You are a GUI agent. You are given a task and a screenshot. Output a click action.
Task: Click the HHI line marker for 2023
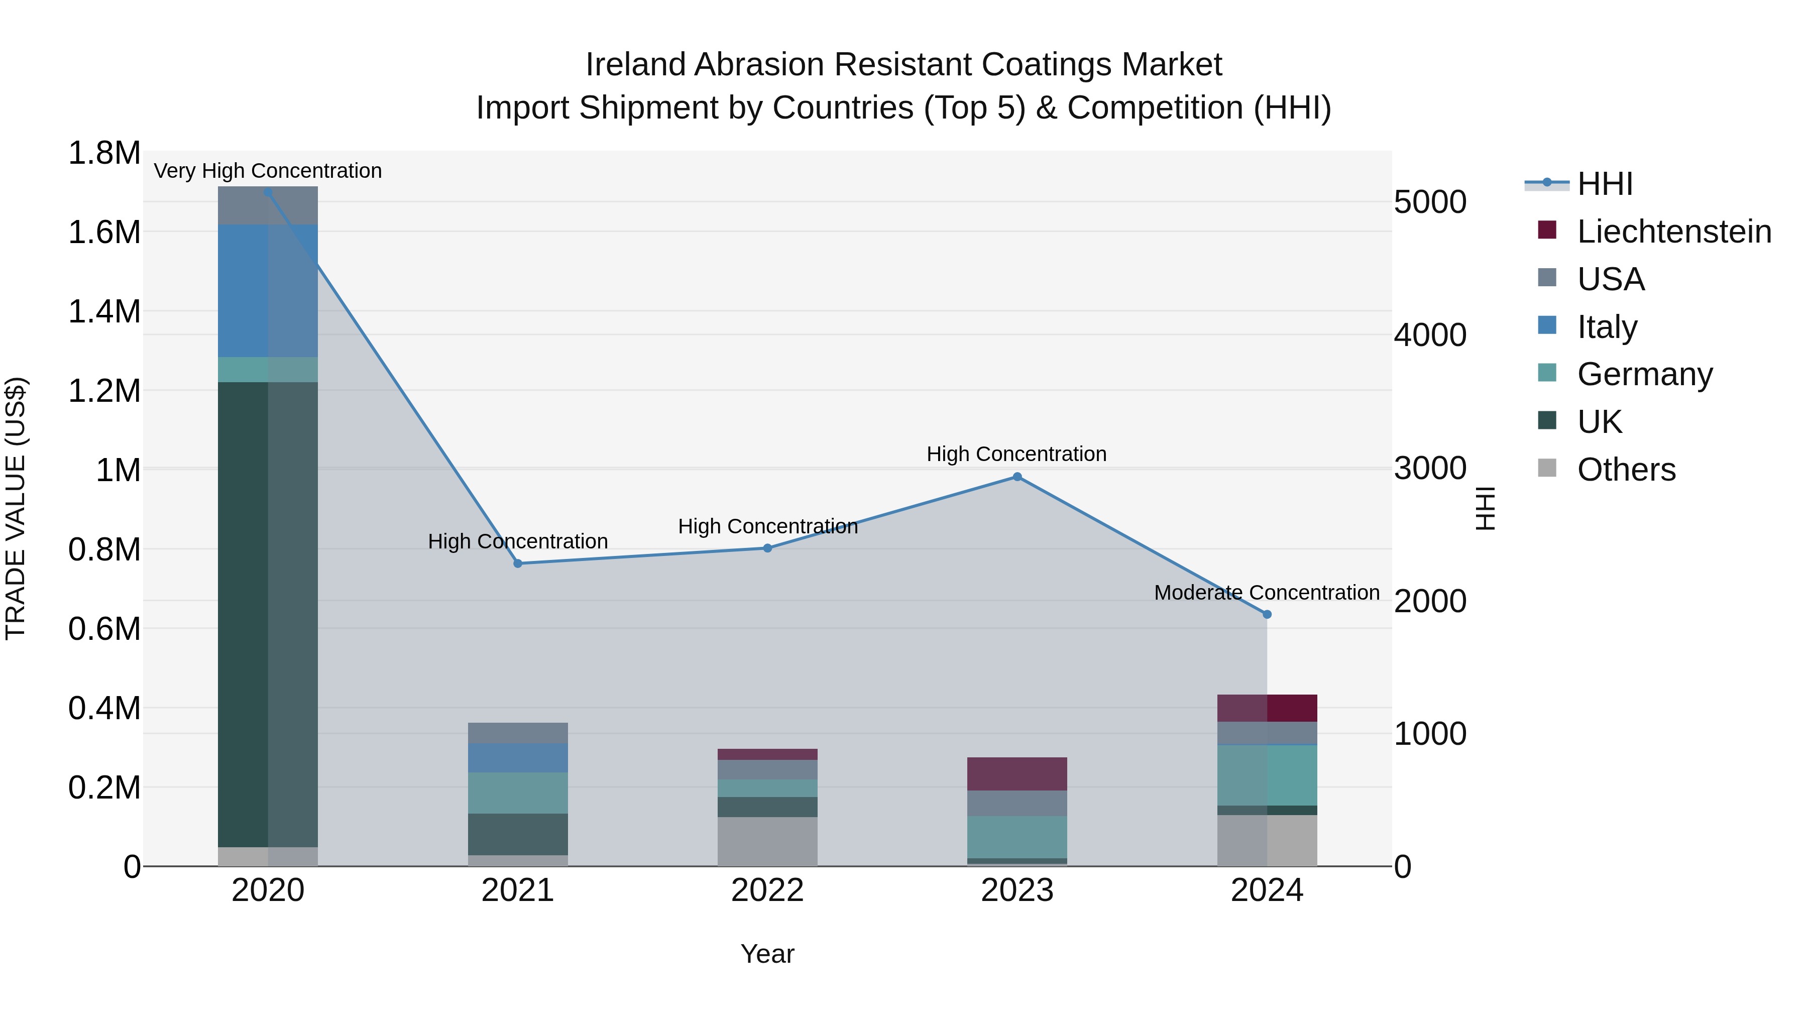[x=1017, y=477]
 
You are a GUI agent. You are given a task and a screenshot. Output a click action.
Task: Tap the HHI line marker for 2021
[x=518, y=563]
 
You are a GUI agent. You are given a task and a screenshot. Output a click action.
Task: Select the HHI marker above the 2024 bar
[x=1267, y=614]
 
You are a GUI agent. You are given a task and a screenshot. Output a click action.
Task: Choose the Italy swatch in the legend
[x=1547, y=325]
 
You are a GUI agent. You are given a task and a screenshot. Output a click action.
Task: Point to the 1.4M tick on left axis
[x=104, y=311]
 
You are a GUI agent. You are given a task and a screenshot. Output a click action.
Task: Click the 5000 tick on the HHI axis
[x=1430, y=202]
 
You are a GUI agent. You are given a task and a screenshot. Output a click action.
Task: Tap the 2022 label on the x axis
[x=767, y=890]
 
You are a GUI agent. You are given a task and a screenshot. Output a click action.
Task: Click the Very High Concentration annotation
[x=267, y=171]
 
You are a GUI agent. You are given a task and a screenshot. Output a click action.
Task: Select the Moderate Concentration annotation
[x=1267, y=593]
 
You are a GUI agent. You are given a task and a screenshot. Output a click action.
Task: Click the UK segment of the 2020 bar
[x=267, y=614]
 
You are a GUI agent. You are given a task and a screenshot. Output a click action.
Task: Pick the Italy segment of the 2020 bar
[x=267, y=291]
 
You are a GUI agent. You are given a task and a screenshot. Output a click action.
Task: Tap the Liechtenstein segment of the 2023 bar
[x=1017, y=774]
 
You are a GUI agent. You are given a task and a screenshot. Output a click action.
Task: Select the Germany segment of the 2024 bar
[x=1267, y=775]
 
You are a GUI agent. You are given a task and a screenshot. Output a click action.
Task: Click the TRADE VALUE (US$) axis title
[x=16, y=508]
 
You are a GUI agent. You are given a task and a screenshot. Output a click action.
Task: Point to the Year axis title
[x=767, y=954]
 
